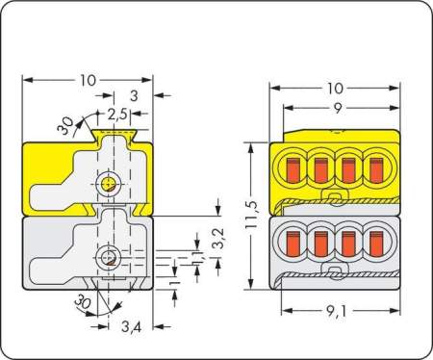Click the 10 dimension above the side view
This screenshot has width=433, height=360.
[89, 81]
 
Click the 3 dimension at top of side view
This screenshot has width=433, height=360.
[133, 96]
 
